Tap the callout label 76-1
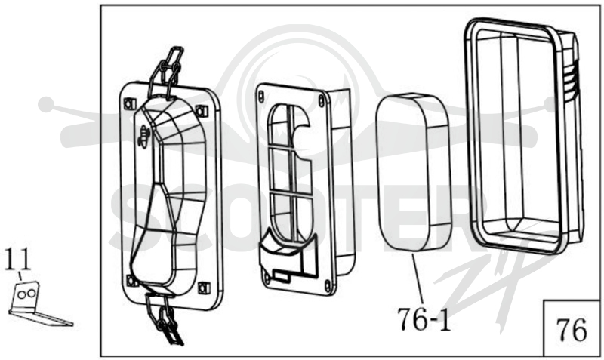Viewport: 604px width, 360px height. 424,319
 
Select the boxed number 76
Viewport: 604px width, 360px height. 572,330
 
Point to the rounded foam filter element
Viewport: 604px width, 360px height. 413,172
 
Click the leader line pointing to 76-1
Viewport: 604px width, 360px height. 418,278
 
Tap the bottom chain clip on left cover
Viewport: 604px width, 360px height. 164,318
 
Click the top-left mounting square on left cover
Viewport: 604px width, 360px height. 130,103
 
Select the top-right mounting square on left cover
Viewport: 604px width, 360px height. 202,111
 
